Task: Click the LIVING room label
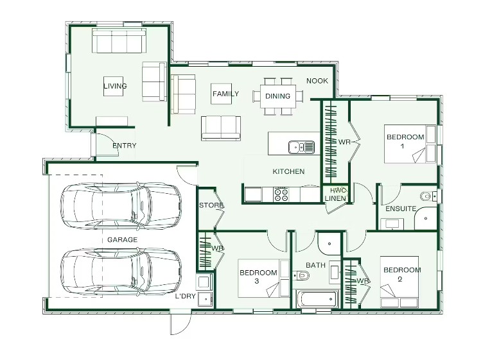pyautogui.click(x=115, y=86)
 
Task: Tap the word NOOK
pyautogui.click(x=317, y=81)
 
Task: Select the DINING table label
pyautogui.click(x=277, y=96)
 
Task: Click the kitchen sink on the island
pyautogui.click(x=301, y=147)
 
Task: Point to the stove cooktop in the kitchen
pyautogui.click(x=281, y=194)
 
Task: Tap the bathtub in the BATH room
pyautogui.click(x=318, y=299)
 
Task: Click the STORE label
pyautogui.click(x=211, y=205)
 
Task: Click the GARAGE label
pyautogui.click(x=122, y=239)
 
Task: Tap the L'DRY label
pyautogui.click(x=185, y=296)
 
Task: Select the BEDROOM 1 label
pyautogui.click(x=405, y=141)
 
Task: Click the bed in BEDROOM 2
pyautogui.click(x=400, y=282)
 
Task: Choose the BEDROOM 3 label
pyautogui.click(x=258, y=277)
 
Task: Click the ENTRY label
pyautogui.click(x=124, y=145)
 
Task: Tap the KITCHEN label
pyautogui.click(x=288, y=171)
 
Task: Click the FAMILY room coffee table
pyautogui.click(x=222, y=94)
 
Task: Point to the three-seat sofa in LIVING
pyautogui.click(x=119, y=41)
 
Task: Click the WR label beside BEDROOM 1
pyautogui.click(x=344, y=142)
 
